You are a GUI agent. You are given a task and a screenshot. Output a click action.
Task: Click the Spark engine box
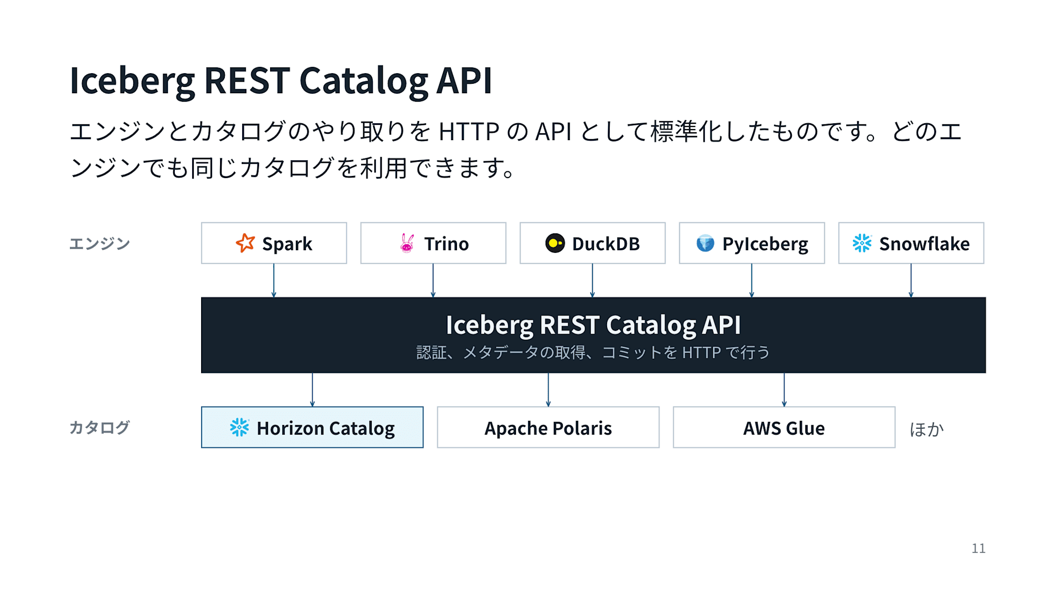point(274,243)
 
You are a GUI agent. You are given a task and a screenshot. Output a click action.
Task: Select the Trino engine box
point(433,243)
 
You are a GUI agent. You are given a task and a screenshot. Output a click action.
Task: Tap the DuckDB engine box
point(592,243)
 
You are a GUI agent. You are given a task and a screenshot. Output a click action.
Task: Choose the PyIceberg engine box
point(752,243)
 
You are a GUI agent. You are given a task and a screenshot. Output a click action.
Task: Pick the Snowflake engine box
point(911,243)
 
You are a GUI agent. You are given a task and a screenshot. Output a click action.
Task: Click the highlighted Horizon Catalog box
point(312,427)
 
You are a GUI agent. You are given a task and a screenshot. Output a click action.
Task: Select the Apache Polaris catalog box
point(548,427)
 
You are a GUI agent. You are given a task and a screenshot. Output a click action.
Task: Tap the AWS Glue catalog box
point(784,427)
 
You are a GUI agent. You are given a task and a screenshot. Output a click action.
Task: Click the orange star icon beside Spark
point(245,243)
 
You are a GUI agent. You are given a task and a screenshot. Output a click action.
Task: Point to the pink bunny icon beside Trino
point(407,243)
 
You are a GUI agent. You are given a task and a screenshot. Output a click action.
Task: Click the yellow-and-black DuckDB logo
point(555,243)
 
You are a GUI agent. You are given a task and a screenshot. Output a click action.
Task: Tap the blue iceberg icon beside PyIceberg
point(706,243)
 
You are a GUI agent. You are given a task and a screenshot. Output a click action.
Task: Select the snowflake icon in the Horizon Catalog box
point(240,427)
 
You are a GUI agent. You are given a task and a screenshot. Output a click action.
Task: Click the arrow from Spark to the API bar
point(274,281)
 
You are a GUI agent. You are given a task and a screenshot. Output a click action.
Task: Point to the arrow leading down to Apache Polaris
point(548,390)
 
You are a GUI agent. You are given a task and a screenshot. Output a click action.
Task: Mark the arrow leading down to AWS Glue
point(784,390)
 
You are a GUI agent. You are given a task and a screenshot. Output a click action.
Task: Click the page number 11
point(978,548)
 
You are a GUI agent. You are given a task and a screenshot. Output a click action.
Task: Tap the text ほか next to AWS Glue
point(927,429)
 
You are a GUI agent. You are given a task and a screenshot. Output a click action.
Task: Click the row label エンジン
point(100,243)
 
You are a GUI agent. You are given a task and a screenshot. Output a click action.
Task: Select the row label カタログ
point(100,427)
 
